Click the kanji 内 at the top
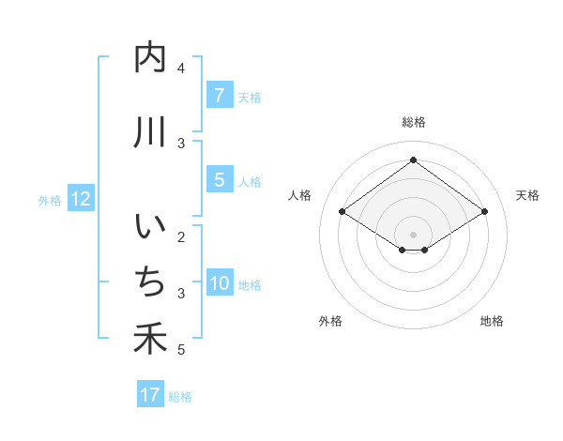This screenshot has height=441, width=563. pyautogui.click(x=150, y=58)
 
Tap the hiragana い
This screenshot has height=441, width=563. pyautogui.click(x=150, y=228)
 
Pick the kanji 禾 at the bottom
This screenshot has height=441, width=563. pyautogui.click(x=150, y=339)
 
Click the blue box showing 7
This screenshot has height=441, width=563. pyautogui.click(x=219, y=96)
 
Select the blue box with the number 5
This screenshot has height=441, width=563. pyautogui.click(x=219, y=180)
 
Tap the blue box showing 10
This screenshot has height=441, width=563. pyautogui.click(x=220, y=284)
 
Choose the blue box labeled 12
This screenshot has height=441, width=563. pyautogui.click(x=81, y=199)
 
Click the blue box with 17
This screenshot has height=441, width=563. pyautogui.click(x=150, y=395)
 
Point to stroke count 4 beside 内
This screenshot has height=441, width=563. pyautogui.click(x=181, y=68)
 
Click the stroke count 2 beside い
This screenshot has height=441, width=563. pyautogui.click(x=181, y=236)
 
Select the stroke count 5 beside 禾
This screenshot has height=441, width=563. pyautogui.click(x=181, y=350)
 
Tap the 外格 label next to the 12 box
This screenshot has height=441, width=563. pyautogui.click(x=50, y=200)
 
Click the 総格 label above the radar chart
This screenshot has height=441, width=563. pyautogui.click(x=413, y=122)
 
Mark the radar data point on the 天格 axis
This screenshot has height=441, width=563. pyautogui.click(x=484, y=212)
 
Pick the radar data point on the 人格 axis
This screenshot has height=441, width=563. pyautogui.click(x=342, y=212)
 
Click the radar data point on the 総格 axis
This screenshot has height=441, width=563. pyautogui.click(x=413, y=160)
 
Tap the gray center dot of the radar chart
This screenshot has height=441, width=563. pyautogui.click(x=413, y=234)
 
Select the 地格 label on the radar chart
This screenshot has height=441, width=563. pyautogui.click(x=492, y=321)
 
